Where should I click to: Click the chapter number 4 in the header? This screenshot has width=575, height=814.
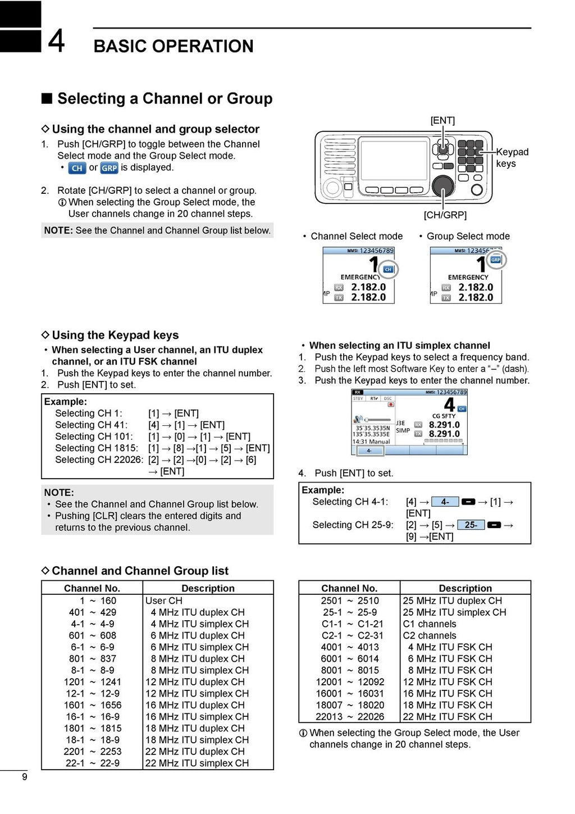coord(56,41)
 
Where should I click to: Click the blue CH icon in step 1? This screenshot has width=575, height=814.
coord(77,168)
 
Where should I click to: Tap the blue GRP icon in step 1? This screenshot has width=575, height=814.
coord(109,168)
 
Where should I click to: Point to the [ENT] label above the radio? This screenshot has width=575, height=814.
coord(442,120)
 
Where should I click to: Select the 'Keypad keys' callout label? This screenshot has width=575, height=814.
coord(512,158)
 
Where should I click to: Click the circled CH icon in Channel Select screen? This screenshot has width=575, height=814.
coord(387,270)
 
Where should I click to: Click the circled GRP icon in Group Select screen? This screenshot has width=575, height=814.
coord(495,260)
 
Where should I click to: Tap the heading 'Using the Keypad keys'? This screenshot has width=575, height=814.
coord(115,335)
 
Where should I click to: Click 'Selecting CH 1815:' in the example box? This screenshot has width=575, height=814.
coord(96,448)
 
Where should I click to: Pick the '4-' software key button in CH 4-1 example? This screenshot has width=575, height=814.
coord(445,502)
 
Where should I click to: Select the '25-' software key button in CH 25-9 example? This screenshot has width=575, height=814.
coord(471,525)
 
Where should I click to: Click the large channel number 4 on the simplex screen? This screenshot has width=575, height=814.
coord(449,404)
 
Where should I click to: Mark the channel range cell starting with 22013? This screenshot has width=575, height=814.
coord(349,717)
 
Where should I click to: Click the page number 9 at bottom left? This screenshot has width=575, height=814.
coord(24,777)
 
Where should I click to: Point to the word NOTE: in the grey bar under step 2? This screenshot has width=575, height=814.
coord(58,230)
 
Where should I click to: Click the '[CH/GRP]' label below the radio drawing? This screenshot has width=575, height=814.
coord(445,215)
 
